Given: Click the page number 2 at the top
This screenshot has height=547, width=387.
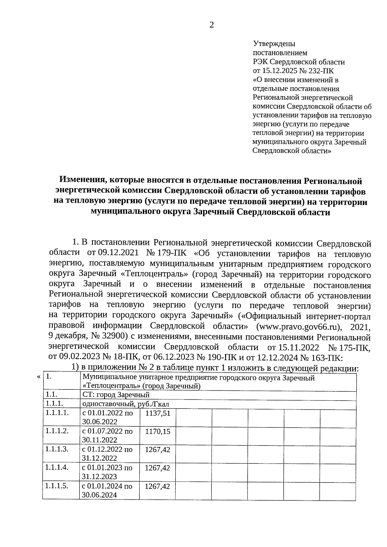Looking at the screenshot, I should (x=212, y=25).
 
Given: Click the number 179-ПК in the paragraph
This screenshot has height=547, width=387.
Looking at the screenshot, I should (x=174, y=253).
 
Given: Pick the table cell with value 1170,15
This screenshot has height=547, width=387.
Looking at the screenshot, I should (x=157, y=432).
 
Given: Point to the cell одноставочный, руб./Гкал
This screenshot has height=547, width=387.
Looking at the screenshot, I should (x=126, y=405).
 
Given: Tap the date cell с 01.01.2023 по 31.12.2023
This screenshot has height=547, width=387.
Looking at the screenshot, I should (x=107, y=472).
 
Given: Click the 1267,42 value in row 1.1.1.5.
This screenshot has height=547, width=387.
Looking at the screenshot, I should (x=157, y=487).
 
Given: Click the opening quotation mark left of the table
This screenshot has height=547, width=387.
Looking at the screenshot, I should (x=39, y=377).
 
